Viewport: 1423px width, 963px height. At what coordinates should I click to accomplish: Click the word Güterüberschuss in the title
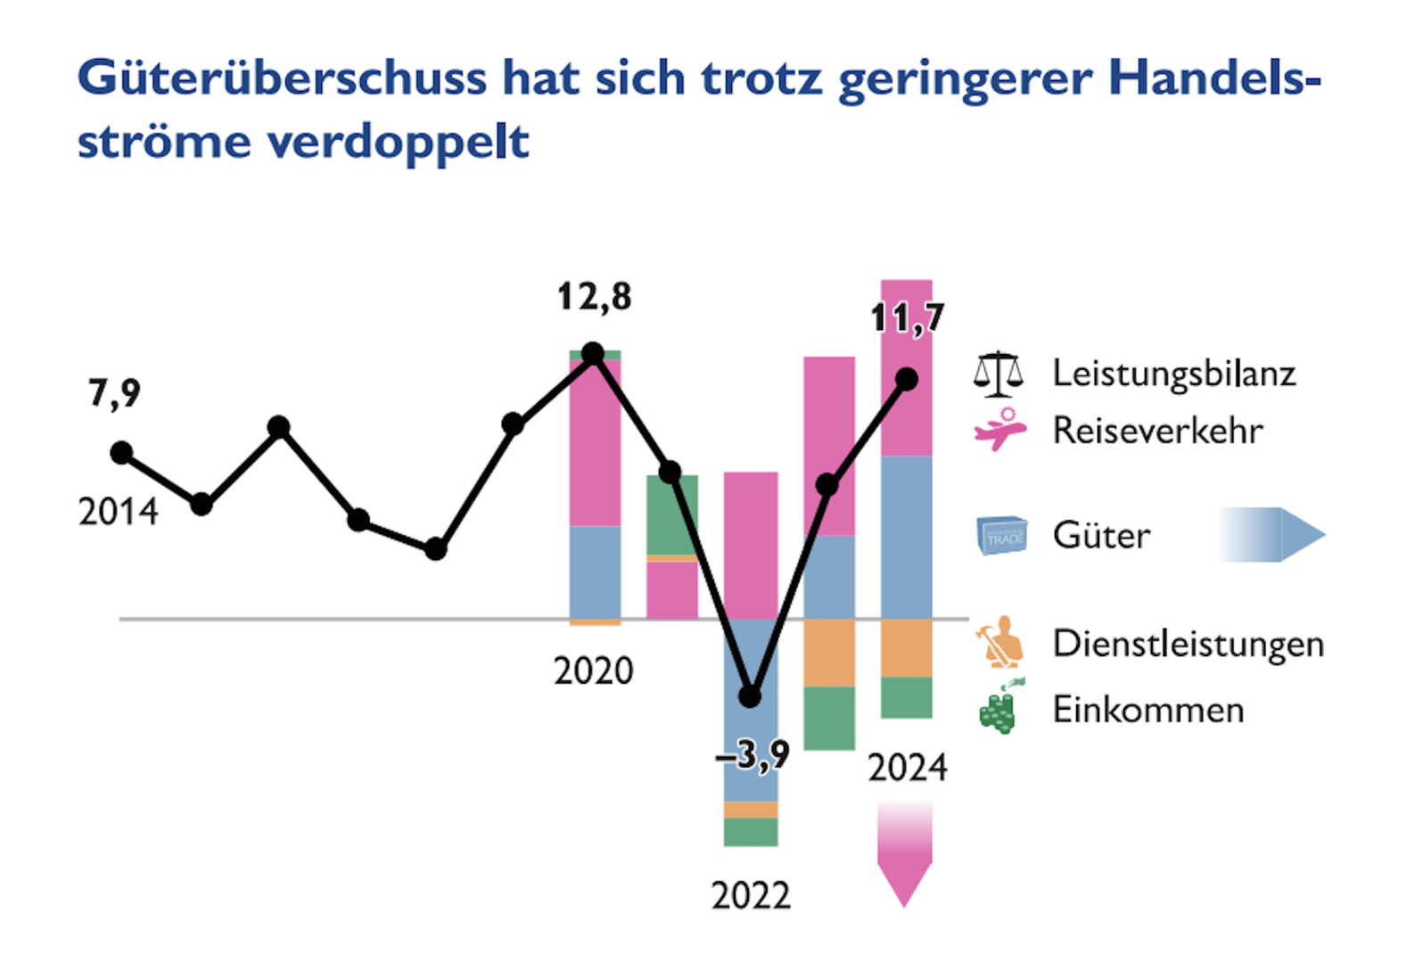click(x=282, y=78)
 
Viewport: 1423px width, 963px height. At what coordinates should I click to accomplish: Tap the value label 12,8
click(x=594, y=297)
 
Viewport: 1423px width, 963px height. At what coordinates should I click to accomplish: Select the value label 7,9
click(x=114, y=392)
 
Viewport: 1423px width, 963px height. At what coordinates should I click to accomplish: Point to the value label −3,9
click(x=753, y=756)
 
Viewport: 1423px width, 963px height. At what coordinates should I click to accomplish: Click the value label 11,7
click(x=907, y=318)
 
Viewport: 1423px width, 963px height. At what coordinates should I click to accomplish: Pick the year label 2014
click(x=118, y=512)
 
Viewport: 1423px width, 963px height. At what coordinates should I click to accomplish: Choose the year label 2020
click(x=593, y=671)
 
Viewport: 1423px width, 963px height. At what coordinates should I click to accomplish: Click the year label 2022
click(x=751, y=895)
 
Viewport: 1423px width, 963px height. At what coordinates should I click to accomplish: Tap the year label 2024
click(x=907, y=768)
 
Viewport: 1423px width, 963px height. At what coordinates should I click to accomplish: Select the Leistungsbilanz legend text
click(x=1173, y=374)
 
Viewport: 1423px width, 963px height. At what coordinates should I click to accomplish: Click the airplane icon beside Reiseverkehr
click(x=1000, y=430)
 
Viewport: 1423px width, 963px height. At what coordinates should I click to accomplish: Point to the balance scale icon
click(x=998, y=374)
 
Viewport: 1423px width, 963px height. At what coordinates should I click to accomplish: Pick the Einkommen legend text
click(x=1148, y=710)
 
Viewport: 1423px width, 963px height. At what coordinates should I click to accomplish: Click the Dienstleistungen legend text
click(x=1188, y=644)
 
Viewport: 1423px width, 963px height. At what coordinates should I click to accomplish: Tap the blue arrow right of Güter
click(x=1272, y=535)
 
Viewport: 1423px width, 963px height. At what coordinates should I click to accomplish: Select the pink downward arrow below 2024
click(x=904, y=854)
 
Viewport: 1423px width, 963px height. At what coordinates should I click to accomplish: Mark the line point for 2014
click(x=121, y=453)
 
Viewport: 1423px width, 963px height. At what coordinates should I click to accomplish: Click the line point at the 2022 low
click(x=751, y=696)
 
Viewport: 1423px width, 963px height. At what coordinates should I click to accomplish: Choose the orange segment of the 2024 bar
click(x=906, y=648)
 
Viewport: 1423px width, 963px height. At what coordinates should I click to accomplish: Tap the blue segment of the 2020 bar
click(x=595, y=572)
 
